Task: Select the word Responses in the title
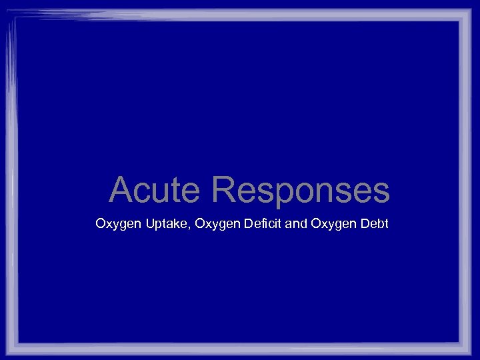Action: point(301,190)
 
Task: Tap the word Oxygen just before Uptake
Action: point(114,224)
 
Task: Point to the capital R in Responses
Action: point(223,190)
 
